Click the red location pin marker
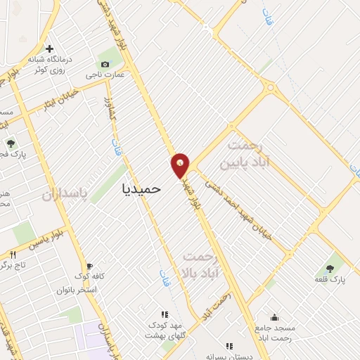tap(181, 165)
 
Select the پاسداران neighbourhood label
tap(68, 195)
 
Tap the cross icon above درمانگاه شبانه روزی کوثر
tap(49, 49)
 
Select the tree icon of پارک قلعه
tap(330, 268)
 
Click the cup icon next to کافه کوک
tap(74, 277)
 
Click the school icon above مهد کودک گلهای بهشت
tap(165, 314)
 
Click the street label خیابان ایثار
tap(57, 101)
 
